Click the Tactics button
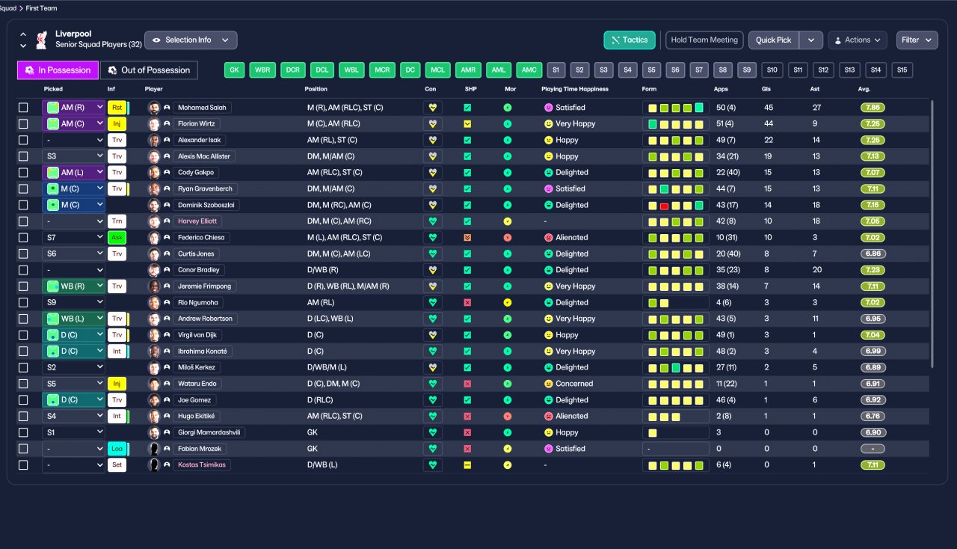(x=630, y=40)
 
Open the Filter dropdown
(x=917, y=40)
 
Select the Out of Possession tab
(x=149, y=70)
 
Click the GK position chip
(x=235, y=70)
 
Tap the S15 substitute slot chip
(x=902, y=70)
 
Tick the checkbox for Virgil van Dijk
(x=23, y=335)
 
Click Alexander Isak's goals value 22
(x=769, y=140)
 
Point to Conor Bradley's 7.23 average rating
(x=873, y=270)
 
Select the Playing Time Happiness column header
(x=575, y=89)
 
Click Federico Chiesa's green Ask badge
(x=117, y=238)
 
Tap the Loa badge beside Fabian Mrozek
(x=117, y=449)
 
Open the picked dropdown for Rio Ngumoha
(x=73, y=303)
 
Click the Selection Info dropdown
(x=191, y=40)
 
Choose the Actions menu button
(x=857, y=40)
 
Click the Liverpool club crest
(x=42, y=39)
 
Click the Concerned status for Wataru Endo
(x=574, y=384)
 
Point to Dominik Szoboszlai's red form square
(x=664, y=205)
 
